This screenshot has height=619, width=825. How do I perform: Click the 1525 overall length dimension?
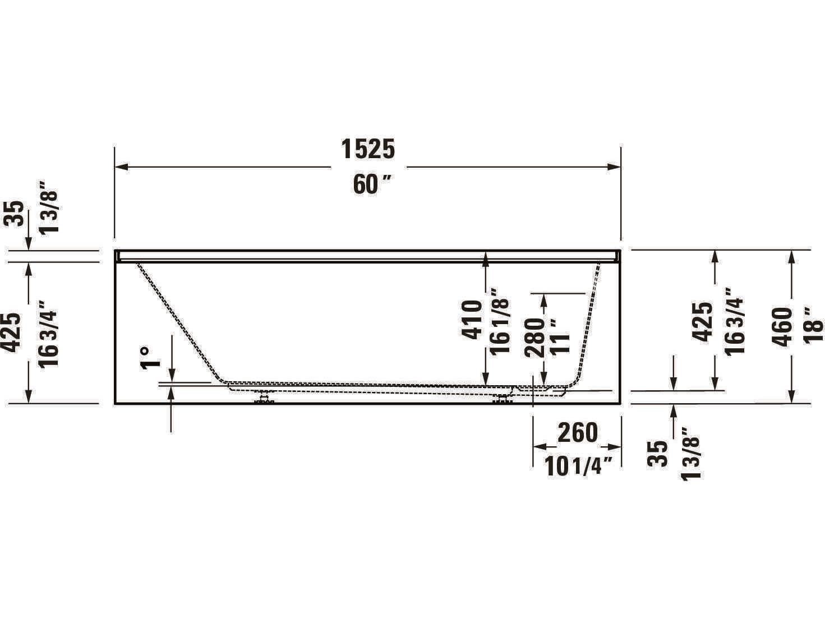click(368, 149)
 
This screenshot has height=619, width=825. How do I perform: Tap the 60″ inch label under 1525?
click(372, 184)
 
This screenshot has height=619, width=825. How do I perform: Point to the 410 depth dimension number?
click(472, 320)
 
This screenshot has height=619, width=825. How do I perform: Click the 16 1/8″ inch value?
click(500, 322)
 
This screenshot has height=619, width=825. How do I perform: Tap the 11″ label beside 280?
click(560, 336)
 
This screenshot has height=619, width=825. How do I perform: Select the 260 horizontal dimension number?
click(578, 432)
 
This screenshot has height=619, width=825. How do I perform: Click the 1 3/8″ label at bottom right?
click(690, 453)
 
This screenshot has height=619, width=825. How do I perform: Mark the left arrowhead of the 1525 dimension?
click(121, 167)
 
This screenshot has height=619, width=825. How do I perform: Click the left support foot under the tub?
click(264, 399)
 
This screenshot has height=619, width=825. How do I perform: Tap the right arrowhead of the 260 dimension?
click(615, 447)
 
